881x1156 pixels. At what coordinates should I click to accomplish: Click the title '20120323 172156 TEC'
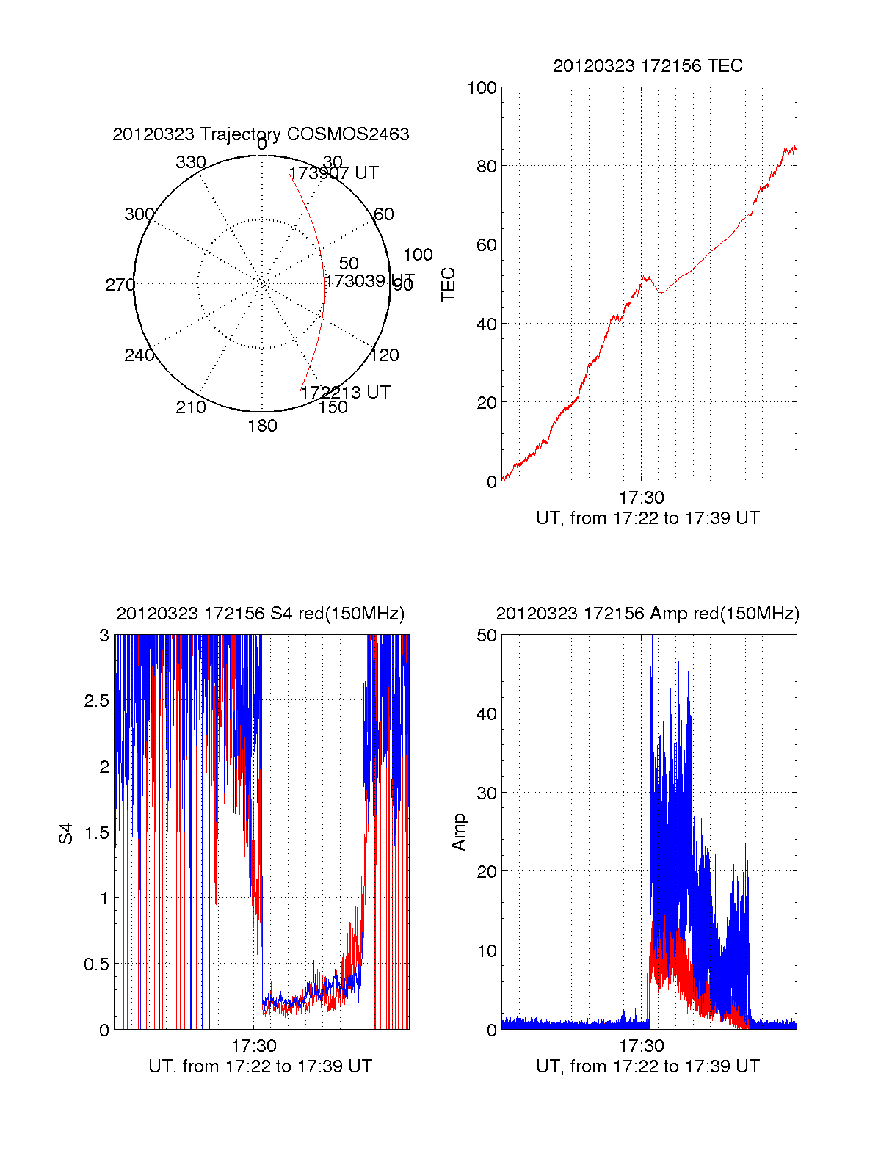[648, 66]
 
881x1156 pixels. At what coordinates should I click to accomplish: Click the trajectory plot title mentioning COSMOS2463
[261, 134]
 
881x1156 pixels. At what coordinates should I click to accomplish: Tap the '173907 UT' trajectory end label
[334, 173]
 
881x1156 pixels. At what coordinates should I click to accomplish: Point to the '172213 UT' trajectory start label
[345, 392]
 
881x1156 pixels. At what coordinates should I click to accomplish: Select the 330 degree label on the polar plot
[191, 162]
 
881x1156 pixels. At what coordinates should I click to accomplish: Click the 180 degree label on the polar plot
[262, 426]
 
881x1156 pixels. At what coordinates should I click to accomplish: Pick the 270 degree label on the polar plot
[120, 285]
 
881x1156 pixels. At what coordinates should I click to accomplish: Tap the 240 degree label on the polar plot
[139, 355]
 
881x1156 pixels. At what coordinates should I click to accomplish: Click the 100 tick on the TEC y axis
[482, 88]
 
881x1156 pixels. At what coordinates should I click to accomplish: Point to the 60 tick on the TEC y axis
[487, 245]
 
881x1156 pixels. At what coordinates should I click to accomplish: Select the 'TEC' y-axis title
[448, 285]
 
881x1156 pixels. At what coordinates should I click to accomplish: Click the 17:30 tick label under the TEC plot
[641, 498]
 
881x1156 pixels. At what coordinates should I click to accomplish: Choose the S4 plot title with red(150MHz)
[261, 614]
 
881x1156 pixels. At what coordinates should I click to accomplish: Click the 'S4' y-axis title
[66, 833]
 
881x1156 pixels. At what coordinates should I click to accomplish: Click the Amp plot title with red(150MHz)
[648, 614]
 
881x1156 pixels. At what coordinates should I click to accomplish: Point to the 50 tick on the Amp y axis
[487, 636]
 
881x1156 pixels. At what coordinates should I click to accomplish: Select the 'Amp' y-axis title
[459, 832]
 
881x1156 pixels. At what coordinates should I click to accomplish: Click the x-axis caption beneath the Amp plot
[648, 1066]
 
